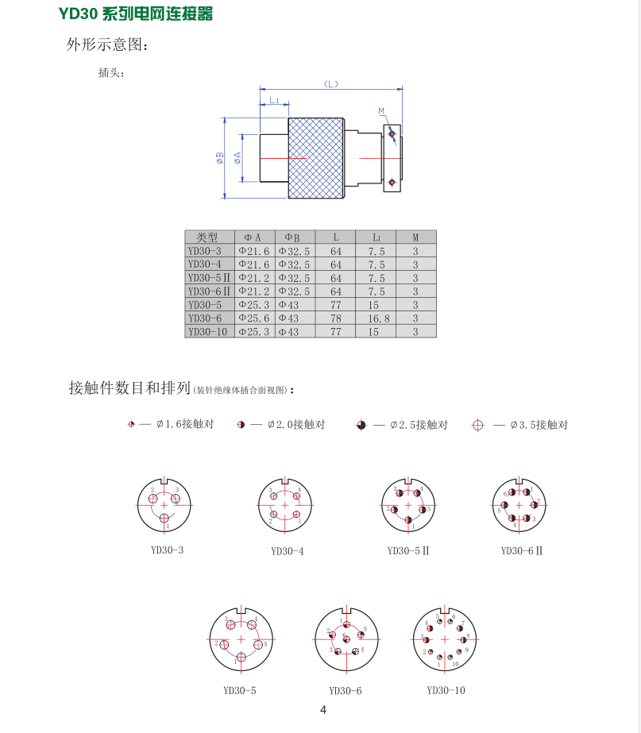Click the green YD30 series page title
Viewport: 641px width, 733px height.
click(x=136, y=14)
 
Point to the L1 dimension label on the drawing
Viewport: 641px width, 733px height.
click(x=274, y=100)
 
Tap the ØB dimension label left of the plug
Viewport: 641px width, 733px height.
click(x=219, y=158)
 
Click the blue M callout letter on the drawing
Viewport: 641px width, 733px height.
click(x=381, y=110)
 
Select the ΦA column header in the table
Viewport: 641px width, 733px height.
click(x=253, y=237)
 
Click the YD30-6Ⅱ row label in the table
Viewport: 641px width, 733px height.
click(x=209, y=291)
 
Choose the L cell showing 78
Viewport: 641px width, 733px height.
click(x=336, y=318)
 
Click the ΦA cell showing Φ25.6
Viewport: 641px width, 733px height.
click(x=254, y=318)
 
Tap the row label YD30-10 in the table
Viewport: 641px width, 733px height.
click(x=207, y=332)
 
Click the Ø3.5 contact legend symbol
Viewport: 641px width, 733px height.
click(x=477, y=425)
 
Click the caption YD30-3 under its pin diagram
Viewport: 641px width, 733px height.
click(x=167, y=550)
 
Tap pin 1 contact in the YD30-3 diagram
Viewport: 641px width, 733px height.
click(x=164, y=519)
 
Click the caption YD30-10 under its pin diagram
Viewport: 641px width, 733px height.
click(x=446, y=690)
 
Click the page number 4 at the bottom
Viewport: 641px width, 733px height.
click(x=322, y=710)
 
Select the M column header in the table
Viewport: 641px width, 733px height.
click(x=415, y=237)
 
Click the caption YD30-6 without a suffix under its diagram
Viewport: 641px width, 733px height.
click(x=345, y=691)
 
